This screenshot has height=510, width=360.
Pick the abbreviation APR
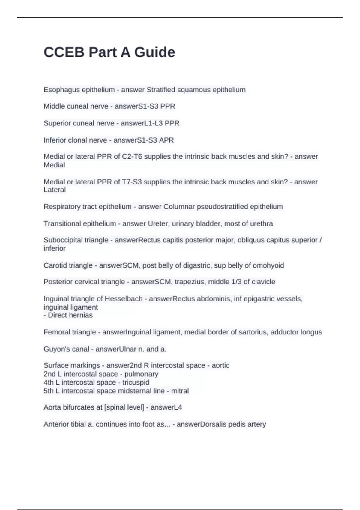click(166, 140)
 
